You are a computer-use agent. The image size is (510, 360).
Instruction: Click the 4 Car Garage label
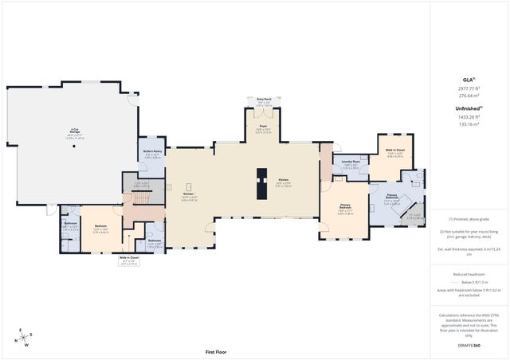point(74,129)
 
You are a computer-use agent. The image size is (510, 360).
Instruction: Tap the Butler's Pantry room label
point(153,151)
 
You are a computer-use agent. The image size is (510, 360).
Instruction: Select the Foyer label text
point(262,125)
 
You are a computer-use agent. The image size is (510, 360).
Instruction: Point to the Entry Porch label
point(264,99)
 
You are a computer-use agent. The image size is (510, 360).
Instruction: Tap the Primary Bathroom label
point(393,195)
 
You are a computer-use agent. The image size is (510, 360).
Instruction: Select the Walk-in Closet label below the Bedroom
point(130,257)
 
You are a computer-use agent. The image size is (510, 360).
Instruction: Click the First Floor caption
point(217,351)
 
